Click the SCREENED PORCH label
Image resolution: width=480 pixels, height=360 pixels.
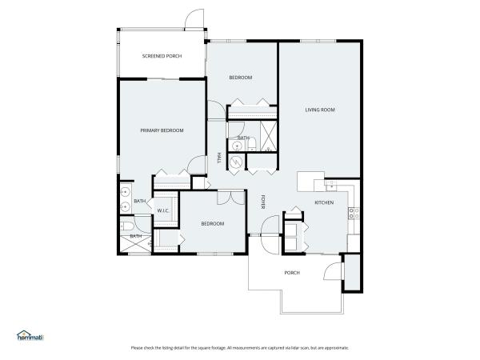[x=162, y=56]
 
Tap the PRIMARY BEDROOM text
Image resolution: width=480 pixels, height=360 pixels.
[x=162, y=130]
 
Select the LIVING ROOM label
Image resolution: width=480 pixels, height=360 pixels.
[x=319, y=110]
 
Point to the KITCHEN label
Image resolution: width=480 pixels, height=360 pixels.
[x=323, y=203]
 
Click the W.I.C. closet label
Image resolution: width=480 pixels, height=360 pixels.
[x=162, y=210]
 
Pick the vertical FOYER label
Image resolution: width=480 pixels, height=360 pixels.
[x=262, y=202]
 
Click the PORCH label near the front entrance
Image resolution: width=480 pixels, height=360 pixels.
[x=292, y=273]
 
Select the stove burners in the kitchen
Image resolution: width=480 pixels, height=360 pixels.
[x=353, y=213]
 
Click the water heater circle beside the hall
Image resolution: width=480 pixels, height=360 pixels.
[x=237, y=162]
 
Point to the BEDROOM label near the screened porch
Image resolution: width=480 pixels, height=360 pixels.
[x=241, y=78]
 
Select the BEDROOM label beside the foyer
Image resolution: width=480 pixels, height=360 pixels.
[x=212, y=223]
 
